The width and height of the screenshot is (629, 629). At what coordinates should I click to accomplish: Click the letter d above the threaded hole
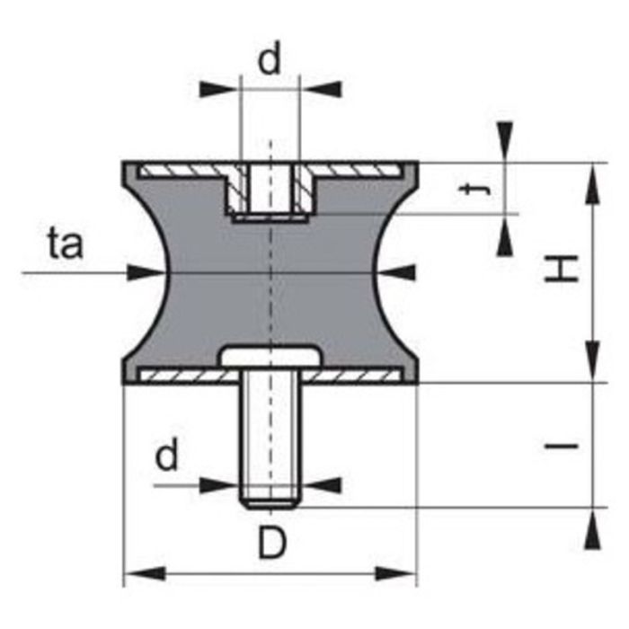tap(270, 60)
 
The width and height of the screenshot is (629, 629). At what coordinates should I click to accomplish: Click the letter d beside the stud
tap(167, 456)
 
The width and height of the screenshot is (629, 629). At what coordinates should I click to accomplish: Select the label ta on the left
tap(66, 244)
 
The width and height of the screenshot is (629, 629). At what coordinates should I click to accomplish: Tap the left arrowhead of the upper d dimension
tap(219, 89)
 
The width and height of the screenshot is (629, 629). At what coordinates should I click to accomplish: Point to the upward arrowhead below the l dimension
tap(592, 529)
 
